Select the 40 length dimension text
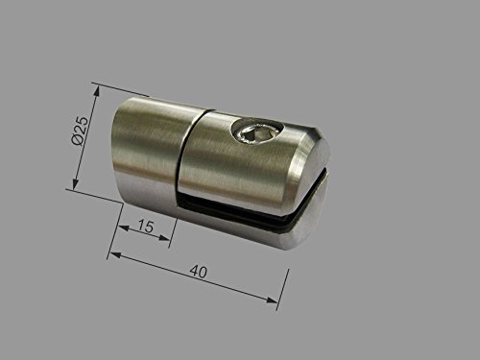(200, 273)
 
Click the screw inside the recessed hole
(256, 134)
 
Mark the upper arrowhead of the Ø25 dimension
(97, 88)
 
